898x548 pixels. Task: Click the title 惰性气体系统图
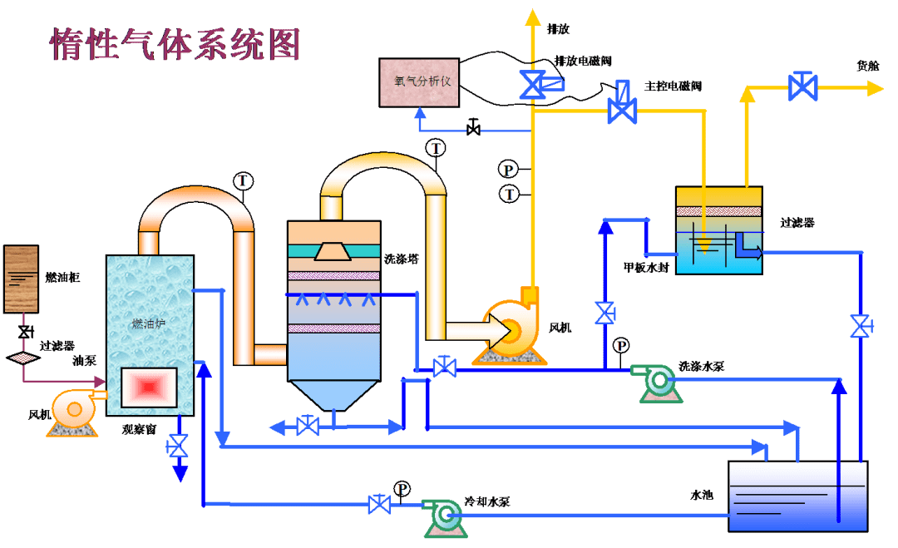click(x=175, y=44)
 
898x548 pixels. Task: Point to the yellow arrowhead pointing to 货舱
click(x=874, y=87)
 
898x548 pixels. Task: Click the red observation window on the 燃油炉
click(x=149, y=387)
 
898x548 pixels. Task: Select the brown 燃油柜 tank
click(x=21, y=279)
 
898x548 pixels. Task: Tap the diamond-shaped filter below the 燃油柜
click(x=23, y=358)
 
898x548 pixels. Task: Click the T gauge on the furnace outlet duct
click(x=243, y=180)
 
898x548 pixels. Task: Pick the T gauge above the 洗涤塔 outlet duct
click(x=436, y=148)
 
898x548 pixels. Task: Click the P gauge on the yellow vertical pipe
click(x=508, y=169)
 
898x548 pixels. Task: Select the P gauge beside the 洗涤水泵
click(x=620, y=345)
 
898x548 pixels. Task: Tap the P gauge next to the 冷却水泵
click(x=402, y=488)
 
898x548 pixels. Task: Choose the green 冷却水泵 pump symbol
click(x=442, y=517)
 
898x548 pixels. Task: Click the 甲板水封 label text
click(x=646, y=268)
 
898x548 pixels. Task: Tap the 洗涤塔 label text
click(x=401, y=259)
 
